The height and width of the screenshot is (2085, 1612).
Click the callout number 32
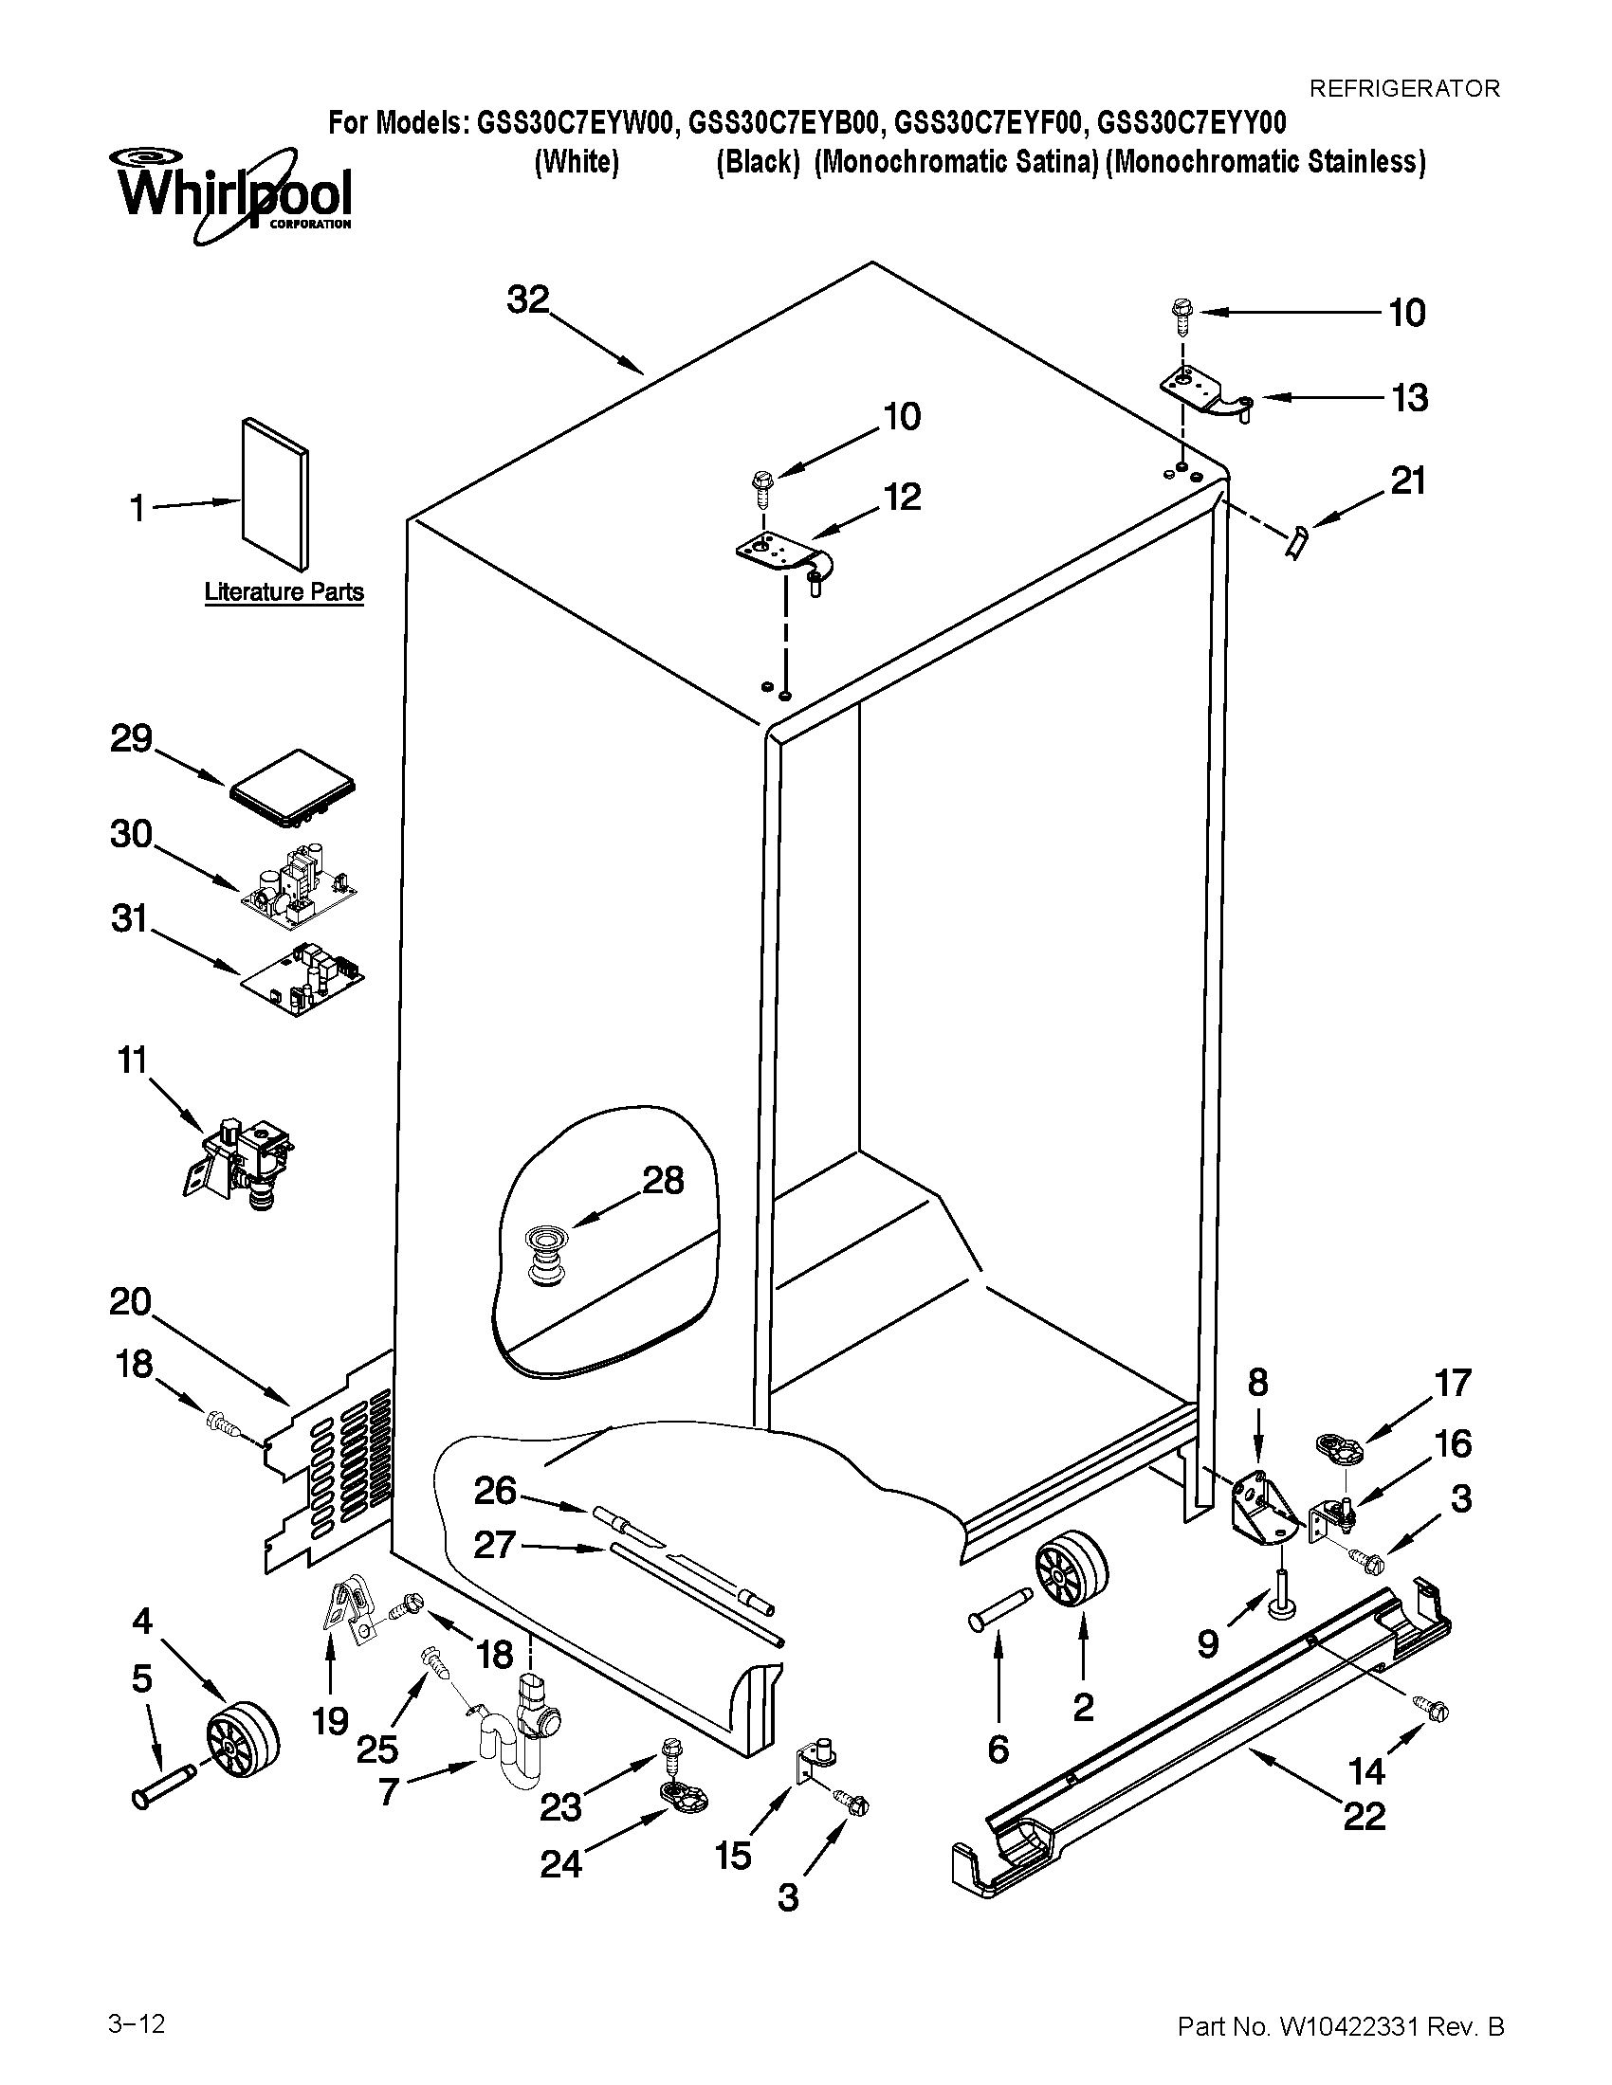528,299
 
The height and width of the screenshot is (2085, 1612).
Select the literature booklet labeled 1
275,494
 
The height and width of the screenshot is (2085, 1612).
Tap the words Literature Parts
284,592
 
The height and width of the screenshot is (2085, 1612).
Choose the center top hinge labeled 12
785,555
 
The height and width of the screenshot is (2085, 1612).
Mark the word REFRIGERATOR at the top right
1403,89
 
